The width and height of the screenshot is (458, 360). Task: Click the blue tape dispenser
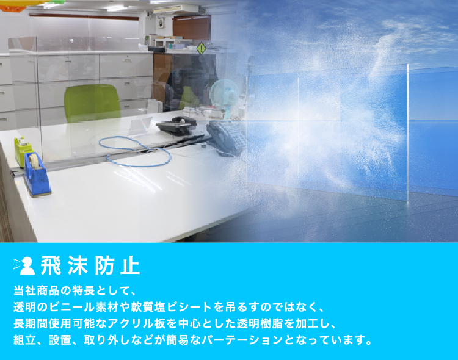point(37,174)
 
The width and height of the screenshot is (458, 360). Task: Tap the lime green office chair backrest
point(92,102)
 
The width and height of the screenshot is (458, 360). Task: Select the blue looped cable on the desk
point(135,151)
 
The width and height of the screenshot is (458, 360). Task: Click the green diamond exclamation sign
point(201,48)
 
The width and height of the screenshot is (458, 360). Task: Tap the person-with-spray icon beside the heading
point(24,265)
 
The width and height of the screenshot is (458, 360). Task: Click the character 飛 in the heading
point(51,265)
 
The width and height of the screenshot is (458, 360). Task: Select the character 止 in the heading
point(130,265)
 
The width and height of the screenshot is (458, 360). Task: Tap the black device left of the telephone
point(176,125)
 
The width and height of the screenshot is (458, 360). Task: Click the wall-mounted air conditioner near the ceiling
point(176,9)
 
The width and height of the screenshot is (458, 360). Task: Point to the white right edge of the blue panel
point(407,133)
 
